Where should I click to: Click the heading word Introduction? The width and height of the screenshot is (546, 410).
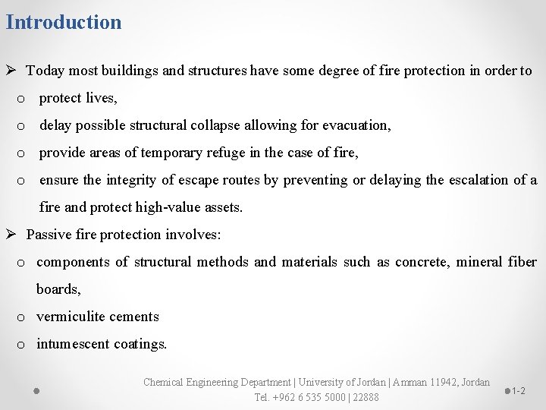pyautogui.click(x=63, y=22)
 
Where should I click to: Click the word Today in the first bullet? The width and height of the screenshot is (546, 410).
pyautogui.click(x=45, y=71)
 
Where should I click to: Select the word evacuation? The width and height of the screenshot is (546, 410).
pyautogui.click(x=356, y=125)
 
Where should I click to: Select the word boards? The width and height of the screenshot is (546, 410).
pyautogui.click(x=58, y=289)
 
